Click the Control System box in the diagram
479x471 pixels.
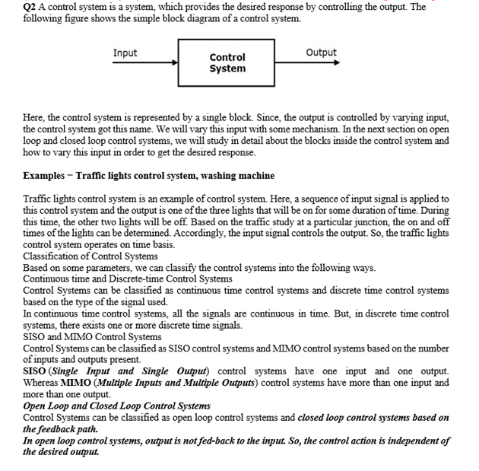[227, 63]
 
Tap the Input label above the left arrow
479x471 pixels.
[125, 53]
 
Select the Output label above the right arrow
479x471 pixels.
[321, 53]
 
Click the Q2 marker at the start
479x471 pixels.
[31, 7]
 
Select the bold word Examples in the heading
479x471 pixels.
[44, 176]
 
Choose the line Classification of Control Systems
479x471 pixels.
[90, 256]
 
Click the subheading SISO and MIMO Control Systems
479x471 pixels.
[92, 336]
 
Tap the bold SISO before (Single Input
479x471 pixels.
[36, 371]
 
